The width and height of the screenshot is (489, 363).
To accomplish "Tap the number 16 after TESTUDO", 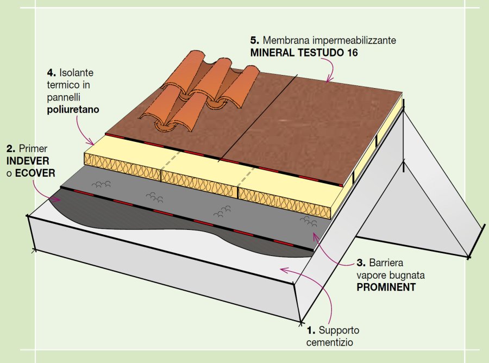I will click(352, 53).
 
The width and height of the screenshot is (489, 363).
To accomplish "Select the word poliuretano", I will click(74, 109).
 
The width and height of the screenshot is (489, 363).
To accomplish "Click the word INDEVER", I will click(28, 161).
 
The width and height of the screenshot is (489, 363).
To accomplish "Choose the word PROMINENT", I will click(386, 287).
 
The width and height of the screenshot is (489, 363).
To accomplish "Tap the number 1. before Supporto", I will click(311, 330).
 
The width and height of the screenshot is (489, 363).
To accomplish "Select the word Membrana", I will click(285, 41).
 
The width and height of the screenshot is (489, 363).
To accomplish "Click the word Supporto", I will click(338, 330).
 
